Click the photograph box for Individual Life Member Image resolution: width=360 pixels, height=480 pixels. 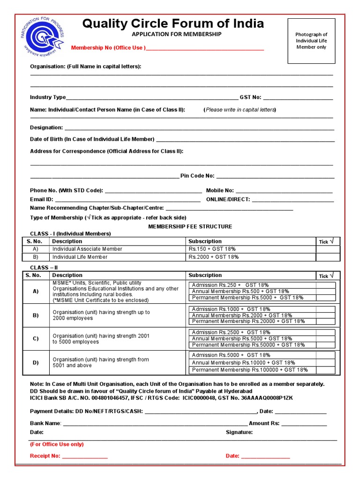coord(311,41)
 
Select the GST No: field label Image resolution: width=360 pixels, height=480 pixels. coord(250,97)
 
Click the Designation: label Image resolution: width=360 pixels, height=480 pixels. coord(46,127)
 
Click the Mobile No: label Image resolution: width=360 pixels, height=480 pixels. coord(220,191)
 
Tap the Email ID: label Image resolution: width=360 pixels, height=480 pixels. coord(42,199)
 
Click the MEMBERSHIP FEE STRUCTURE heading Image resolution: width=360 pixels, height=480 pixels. coord(190,226)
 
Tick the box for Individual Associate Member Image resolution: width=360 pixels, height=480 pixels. coord(328,249)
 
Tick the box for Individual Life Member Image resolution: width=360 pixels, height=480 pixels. coord(328,257)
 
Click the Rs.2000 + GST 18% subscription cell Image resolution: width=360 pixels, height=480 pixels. coord(214,257)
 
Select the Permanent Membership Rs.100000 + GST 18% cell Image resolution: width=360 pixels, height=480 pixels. coord(250,370)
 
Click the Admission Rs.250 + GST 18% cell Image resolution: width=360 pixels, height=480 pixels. coord(230,285)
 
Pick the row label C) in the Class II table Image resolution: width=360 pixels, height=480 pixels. coord(36,339)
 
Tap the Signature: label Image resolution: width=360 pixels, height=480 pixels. coord(239,432)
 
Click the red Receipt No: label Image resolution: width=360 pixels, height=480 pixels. coord(45,456)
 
